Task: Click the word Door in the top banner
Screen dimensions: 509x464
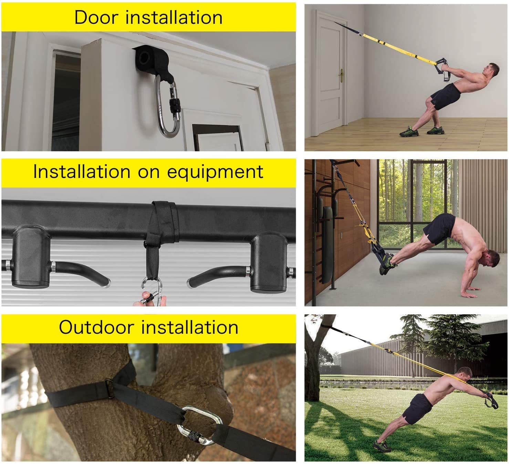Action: (96, 17)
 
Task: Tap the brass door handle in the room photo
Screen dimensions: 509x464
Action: (342, 75)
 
